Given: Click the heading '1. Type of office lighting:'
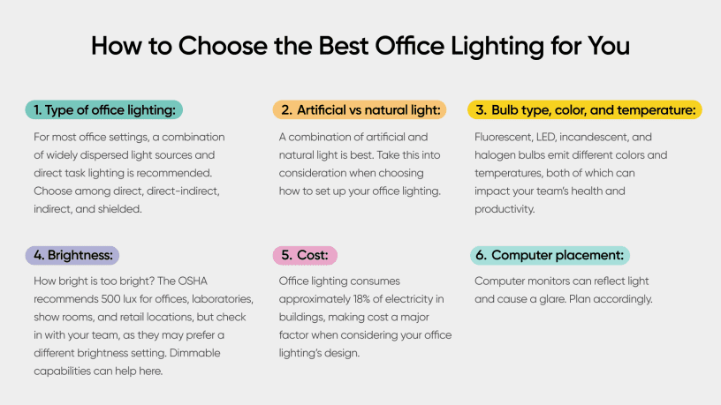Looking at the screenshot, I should coord(103,110).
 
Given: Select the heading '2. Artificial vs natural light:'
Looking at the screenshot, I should coord(359,110).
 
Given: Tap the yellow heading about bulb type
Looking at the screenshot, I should coord(584,110).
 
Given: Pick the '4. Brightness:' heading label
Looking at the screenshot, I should coord(72,256).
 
